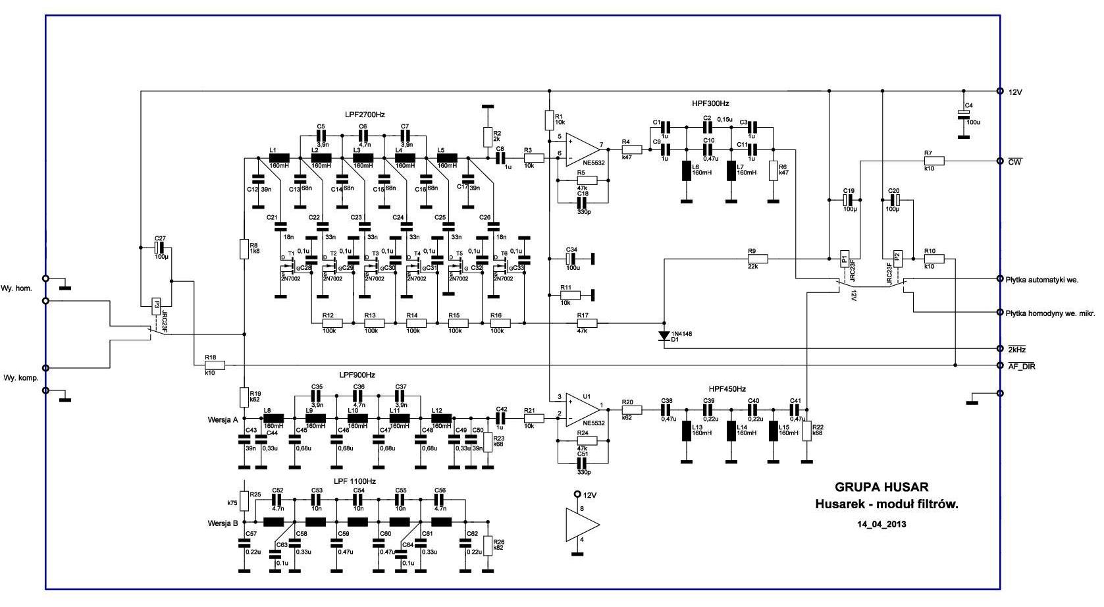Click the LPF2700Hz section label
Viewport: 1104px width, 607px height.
coord(364,115)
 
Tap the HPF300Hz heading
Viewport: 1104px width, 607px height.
coord(710,103)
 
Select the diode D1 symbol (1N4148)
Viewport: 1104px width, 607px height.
coord(664,336)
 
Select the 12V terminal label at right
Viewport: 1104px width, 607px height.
coord(1015,92)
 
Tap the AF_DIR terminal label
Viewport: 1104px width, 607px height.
coord(1021,366)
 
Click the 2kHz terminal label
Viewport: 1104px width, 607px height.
coord(1016,349)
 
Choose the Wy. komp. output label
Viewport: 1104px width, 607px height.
coord(20,378)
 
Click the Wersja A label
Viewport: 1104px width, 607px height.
coord(222,419)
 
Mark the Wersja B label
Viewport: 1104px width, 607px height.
coord(222,523)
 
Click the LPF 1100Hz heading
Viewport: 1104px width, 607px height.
coord(354,481)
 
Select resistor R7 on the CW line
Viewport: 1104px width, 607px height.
coord(933,161)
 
